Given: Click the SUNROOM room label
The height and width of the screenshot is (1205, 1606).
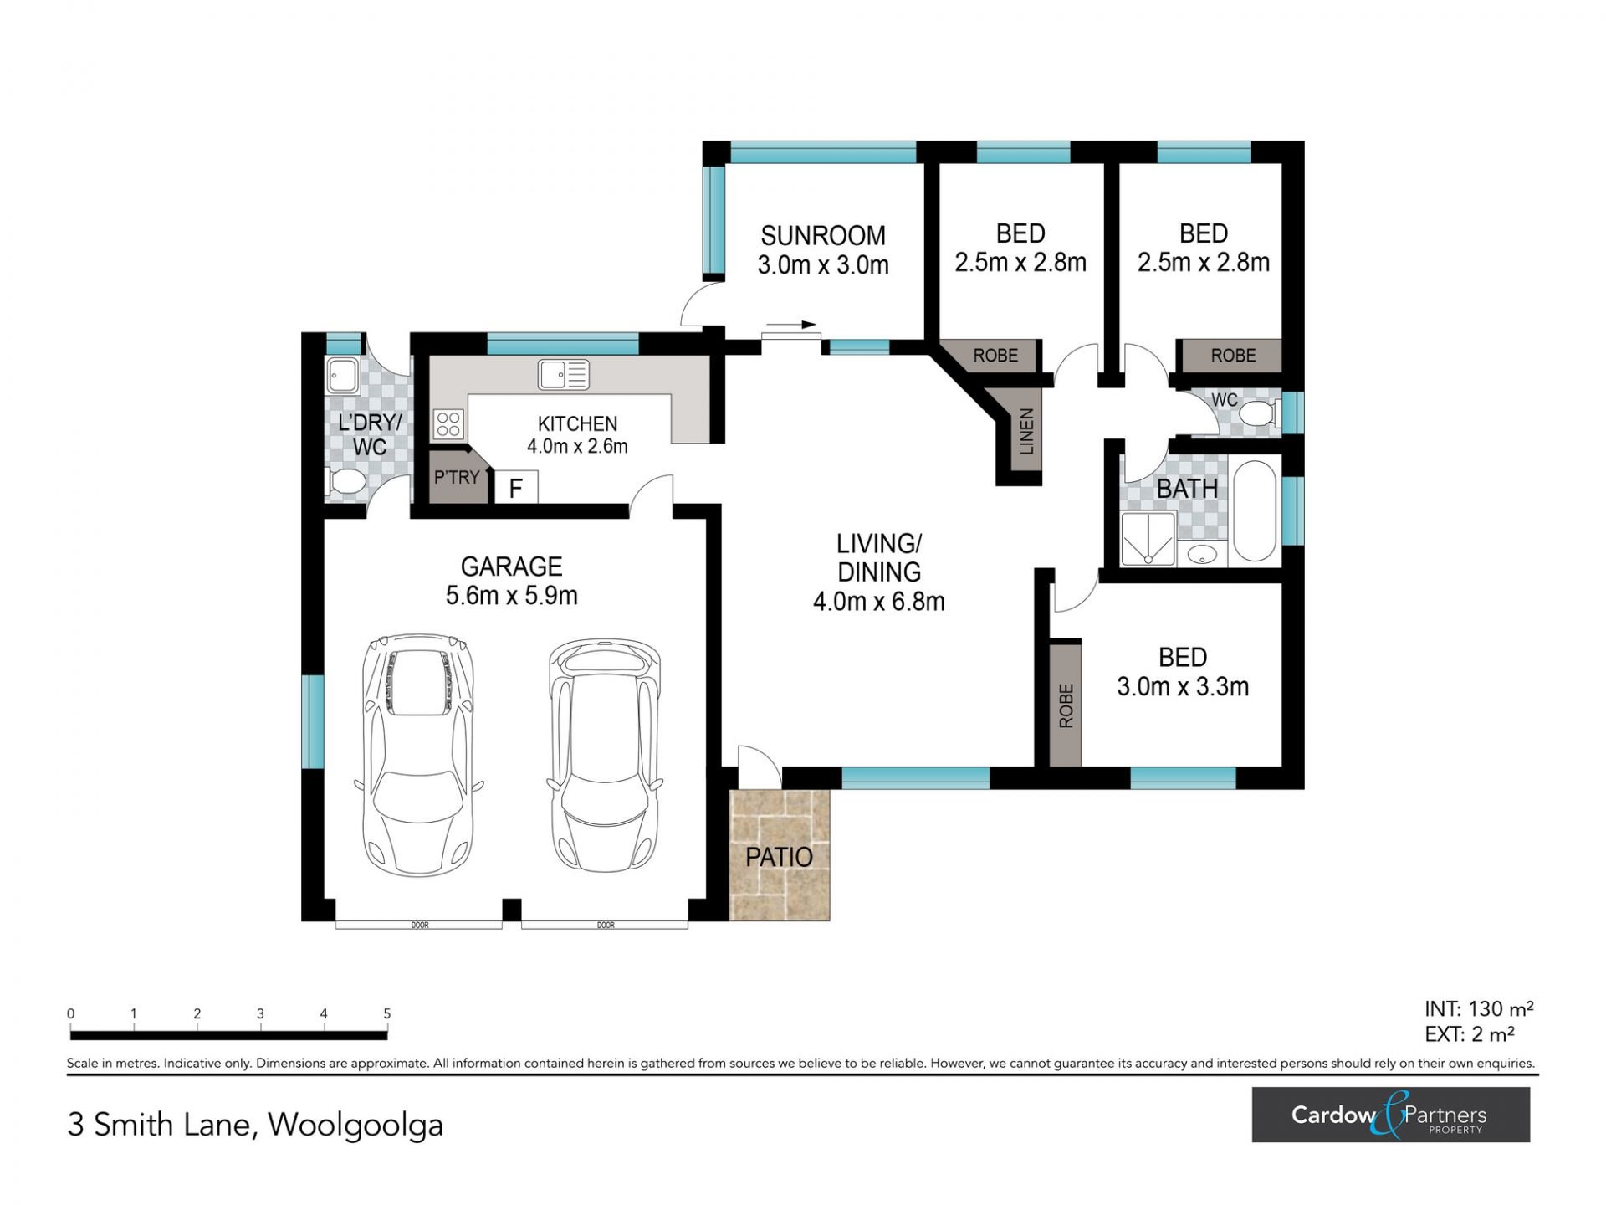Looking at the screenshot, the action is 823,235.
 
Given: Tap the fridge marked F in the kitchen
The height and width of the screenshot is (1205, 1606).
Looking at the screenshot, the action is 516,487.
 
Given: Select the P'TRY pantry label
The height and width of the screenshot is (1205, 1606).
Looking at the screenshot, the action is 457,477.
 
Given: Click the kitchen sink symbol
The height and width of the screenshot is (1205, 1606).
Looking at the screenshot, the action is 564,374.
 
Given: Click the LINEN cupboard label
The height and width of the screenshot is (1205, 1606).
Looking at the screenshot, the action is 1026,432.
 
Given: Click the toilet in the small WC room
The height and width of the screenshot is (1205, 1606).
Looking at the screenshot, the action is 1258,413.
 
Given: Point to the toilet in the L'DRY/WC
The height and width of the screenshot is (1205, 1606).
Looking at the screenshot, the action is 345,482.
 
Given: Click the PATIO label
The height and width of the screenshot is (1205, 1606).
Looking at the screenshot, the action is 779,857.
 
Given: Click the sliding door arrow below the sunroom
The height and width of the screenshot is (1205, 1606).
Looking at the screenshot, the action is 790,325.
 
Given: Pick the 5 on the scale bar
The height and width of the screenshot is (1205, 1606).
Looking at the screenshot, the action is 386,1013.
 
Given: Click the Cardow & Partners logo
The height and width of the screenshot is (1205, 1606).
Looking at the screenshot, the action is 1390,1115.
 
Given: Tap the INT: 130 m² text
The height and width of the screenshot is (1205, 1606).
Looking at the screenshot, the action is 1479,1009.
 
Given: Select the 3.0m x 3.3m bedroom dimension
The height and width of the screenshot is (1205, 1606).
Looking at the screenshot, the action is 1183,687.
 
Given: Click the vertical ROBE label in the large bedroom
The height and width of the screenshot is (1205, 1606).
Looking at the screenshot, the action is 1066,705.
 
